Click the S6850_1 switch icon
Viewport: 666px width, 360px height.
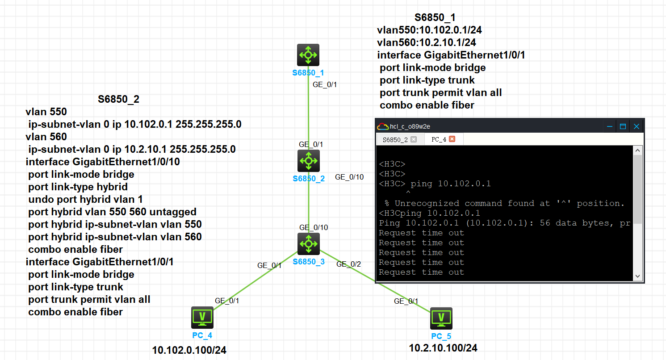click(x=308, y=55)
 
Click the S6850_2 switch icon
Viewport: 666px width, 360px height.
click(x=308, y=161)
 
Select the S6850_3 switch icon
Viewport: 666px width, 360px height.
click(x=308, y=244)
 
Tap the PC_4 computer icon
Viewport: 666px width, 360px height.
click(x=202, y=317)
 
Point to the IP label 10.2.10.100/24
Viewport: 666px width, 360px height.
click(x=443, y=348)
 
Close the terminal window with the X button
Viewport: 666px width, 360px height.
click(x=637, y=126)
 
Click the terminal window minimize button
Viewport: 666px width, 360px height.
click(x=609, y=126)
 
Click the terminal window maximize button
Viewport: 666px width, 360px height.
click(x=623, y=126)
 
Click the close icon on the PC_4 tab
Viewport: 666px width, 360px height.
click(x=452, y=139)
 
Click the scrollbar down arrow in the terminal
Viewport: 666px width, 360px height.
click(x=637, y=276)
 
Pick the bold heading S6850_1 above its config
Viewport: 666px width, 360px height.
click(x=435, y=18)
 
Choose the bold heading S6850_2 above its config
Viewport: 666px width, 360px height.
click(x=118, y=99)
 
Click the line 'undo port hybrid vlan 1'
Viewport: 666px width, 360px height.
click(x=85, y=199)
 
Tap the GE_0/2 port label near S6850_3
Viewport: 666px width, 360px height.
click(x=348, y=264)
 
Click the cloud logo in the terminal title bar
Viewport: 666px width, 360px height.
click(x=383, y=126)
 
